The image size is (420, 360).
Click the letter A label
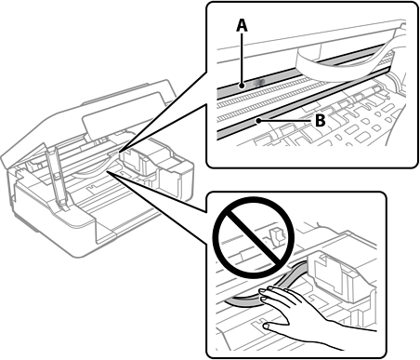coord(242,25)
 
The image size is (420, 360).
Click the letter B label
coord(321,120)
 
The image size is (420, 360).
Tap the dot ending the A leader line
coord(243,85)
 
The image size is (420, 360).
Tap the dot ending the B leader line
coord(257,121)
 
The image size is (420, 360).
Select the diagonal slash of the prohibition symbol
coord(252,237)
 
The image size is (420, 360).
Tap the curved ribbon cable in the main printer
coord(96,167)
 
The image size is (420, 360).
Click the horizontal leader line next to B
coord(285,121)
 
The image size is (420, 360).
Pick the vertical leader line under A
coord(243,59)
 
